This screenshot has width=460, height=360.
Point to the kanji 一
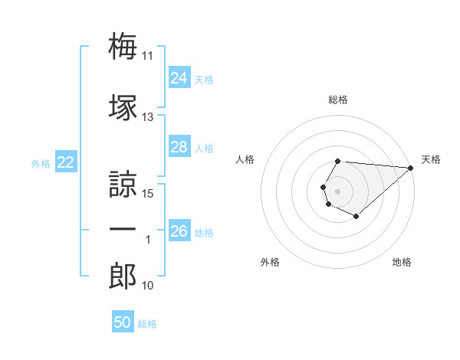[x=123, y=229]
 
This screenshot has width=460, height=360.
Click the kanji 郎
[x=123, y=276]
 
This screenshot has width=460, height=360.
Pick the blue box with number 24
[x=179, y=78]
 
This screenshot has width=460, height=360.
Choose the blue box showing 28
[x=179, y=147]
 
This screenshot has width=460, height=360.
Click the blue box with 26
[x=179, y=231]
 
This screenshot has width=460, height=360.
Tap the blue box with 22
[x=66, y=162]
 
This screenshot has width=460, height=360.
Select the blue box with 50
[x=123, y=323]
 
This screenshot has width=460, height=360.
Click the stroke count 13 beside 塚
[x=148, y=117]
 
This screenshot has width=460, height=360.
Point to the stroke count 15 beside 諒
[x=148, y=193]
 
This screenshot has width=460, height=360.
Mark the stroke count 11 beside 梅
[x=148, y=56]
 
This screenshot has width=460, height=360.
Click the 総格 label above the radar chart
[x=338, y=100]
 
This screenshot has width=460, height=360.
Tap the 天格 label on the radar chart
[x=431, y=159]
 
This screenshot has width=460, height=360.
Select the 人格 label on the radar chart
[x=245, y=159]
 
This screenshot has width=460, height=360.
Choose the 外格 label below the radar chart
[x=270, y=262]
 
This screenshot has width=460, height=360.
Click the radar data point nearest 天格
[x=411, y=168]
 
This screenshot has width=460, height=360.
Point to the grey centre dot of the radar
[x=338, y=190]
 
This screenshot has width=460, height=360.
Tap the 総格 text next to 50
[x=147, y=324]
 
